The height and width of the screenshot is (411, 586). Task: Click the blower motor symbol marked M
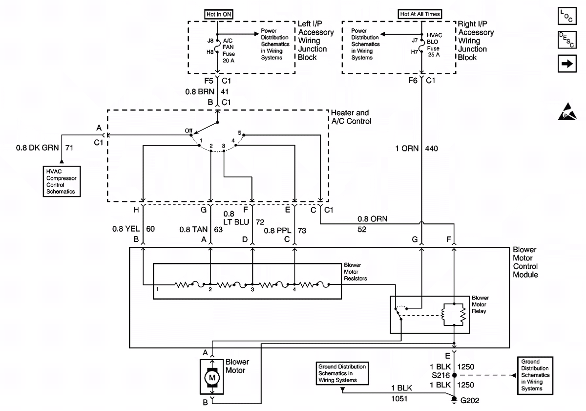coord(212,377)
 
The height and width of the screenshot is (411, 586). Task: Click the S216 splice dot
coord(455,375)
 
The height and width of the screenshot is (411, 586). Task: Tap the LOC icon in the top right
coord(566,17)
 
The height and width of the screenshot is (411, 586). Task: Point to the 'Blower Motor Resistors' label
coord(355,272)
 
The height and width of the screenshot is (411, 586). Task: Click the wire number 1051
coord(399,399)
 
